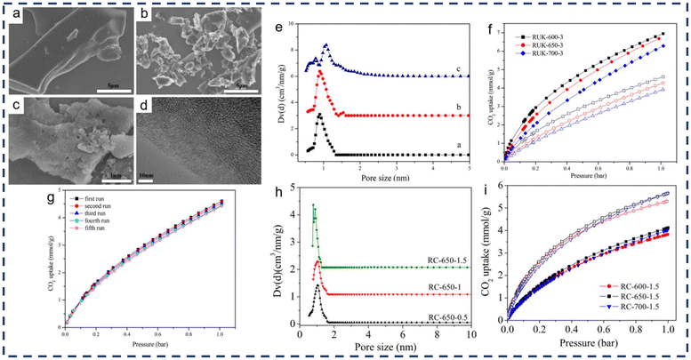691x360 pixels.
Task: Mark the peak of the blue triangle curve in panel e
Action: (x=326, y=45)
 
